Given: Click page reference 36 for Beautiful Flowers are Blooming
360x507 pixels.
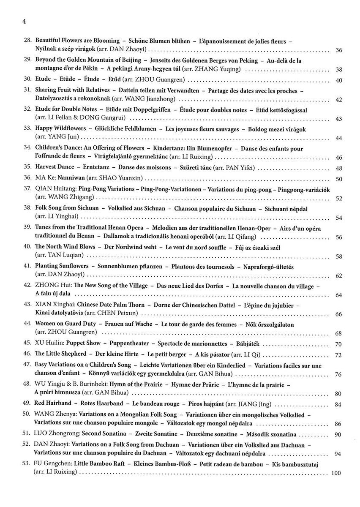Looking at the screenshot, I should point(338,50).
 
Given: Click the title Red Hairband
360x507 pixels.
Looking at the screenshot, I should point(53,404).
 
